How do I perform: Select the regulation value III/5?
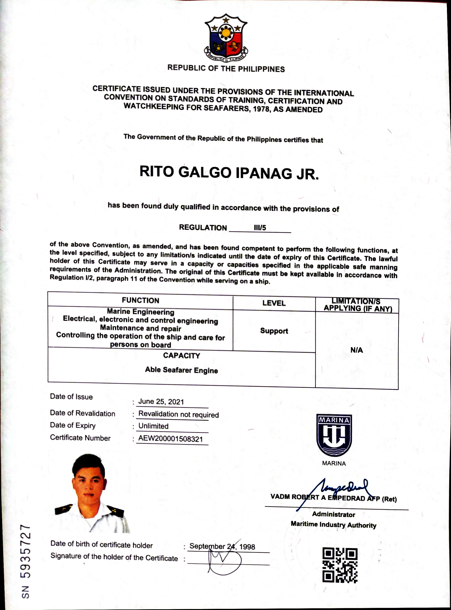[x=260, y=228]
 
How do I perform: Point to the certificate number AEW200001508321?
[x=170, y=439]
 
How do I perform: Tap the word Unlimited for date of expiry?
[x=153, y=426]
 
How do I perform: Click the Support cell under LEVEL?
[x=274, y=331]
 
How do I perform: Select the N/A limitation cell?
[x=356, y=350]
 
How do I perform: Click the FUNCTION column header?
[x=140, y=300]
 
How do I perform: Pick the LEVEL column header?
[x=274, y=303]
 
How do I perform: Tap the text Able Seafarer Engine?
[x=181, y=370]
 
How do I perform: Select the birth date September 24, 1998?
[x=222, y=546]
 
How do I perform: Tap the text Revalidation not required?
[x=179, y=414]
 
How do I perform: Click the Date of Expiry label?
[x=73, y=425]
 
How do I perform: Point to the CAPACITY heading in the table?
[x=181, y=356]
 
